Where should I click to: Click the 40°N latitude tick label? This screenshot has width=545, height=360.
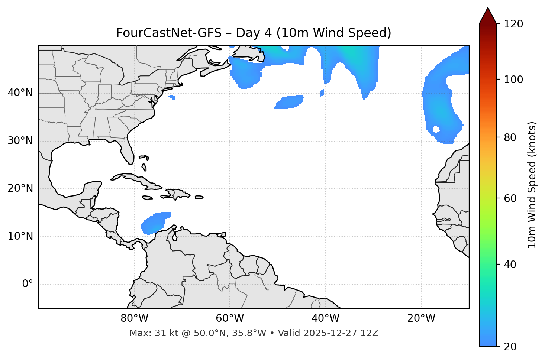[20, 93]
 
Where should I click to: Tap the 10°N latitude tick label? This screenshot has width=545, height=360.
[20, 236]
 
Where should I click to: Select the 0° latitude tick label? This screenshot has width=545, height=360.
[28, 284]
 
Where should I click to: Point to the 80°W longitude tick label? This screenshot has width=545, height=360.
[134, 318]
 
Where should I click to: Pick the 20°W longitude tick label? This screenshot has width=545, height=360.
[421, 318]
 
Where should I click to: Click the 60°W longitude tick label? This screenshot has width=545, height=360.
[230, 318]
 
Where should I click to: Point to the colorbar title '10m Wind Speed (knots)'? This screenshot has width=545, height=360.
[532, 185]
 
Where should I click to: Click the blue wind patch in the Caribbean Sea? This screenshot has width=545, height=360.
[154, 223]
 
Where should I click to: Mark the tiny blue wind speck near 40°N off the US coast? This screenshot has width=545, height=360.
[172, 97]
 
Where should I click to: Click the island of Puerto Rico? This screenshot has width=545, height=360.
[199, 197]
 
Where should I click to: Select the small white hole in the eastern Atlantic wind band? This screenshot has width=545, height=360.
[435, 130]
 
